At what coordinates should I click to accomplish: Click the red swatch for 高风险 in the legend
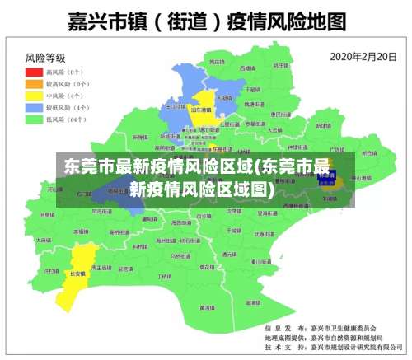(x=35, y=72)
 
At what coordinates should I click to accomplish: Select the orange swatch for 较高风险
(x=35, y=84)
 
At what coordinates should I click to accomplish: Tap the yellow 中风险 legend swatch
(x=35, y=96)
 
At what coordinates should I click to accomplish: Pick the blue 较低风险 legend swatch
(x=35, y=107)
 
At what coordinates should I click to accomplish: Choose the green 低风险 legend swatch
(x=35, y=119)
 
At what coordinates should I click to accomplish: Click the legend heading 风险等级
(x=45, y=58)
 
